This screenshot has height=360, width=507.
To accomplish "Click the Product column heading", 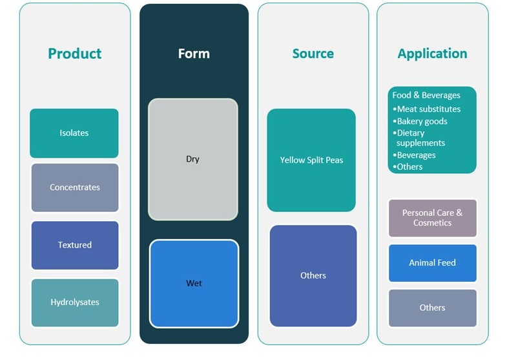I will click(74, 54).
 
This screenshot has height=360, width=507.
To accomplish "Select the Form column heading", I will click(194, 54).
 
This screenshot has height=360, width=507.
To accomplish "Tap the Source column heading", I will click(313, 54).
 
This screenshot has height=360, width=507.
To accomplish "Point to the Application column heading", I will click(432, 54).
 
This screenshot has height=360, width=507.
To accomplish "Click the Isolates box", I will click(74, 133).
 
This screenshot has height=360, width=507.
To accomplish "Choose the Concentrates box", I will click(75, 187).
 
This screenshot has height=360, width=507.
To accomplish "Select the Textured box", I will click(75, 245).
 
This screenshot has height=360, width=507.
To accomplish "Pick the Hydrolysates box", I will click(75, 302).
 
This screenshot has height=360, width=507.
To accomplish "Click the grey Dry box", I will click(193, 159).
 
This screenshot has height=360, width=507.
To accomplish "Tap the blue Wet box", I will click(194, 283).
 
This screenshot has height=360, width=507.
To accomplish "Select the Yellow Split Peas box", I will click(311, 160).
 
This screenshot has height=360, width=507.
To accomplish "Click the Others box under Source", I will click(313, 275).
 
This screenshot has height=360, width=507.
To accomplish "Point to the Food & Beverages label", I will click(426, 95).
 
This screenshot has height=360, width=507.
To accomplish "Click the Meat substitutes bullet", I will click(429, 109).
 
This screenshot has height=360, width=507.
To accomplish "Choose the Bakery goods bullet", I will click(422, 121).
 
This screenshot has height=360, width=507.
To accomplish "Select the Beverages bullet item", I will click(416, 155).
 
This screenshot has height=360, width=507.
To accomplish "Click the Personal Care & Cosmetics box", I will click(432, 218).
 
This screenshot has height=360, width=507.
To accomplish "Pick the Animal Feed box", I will click(432, 263).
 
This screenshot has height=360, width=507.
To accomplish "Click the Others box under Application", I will click(432, 308).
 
